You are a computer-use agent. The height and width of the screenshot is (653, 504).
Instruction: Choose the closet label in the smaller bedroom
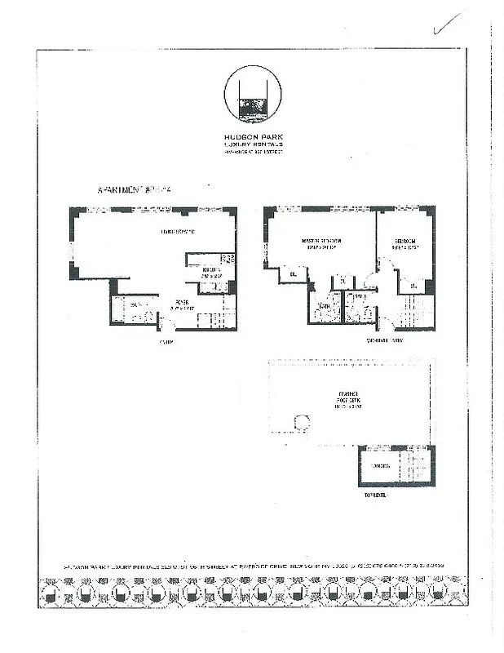(x=413, y=285)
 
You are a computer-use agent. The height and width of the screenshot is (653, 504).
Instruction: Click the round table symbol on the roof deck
(x=301, y=423)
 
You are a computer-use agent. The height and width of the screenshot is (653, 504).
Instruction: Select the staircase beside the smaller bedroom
(x=418, y=312)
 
